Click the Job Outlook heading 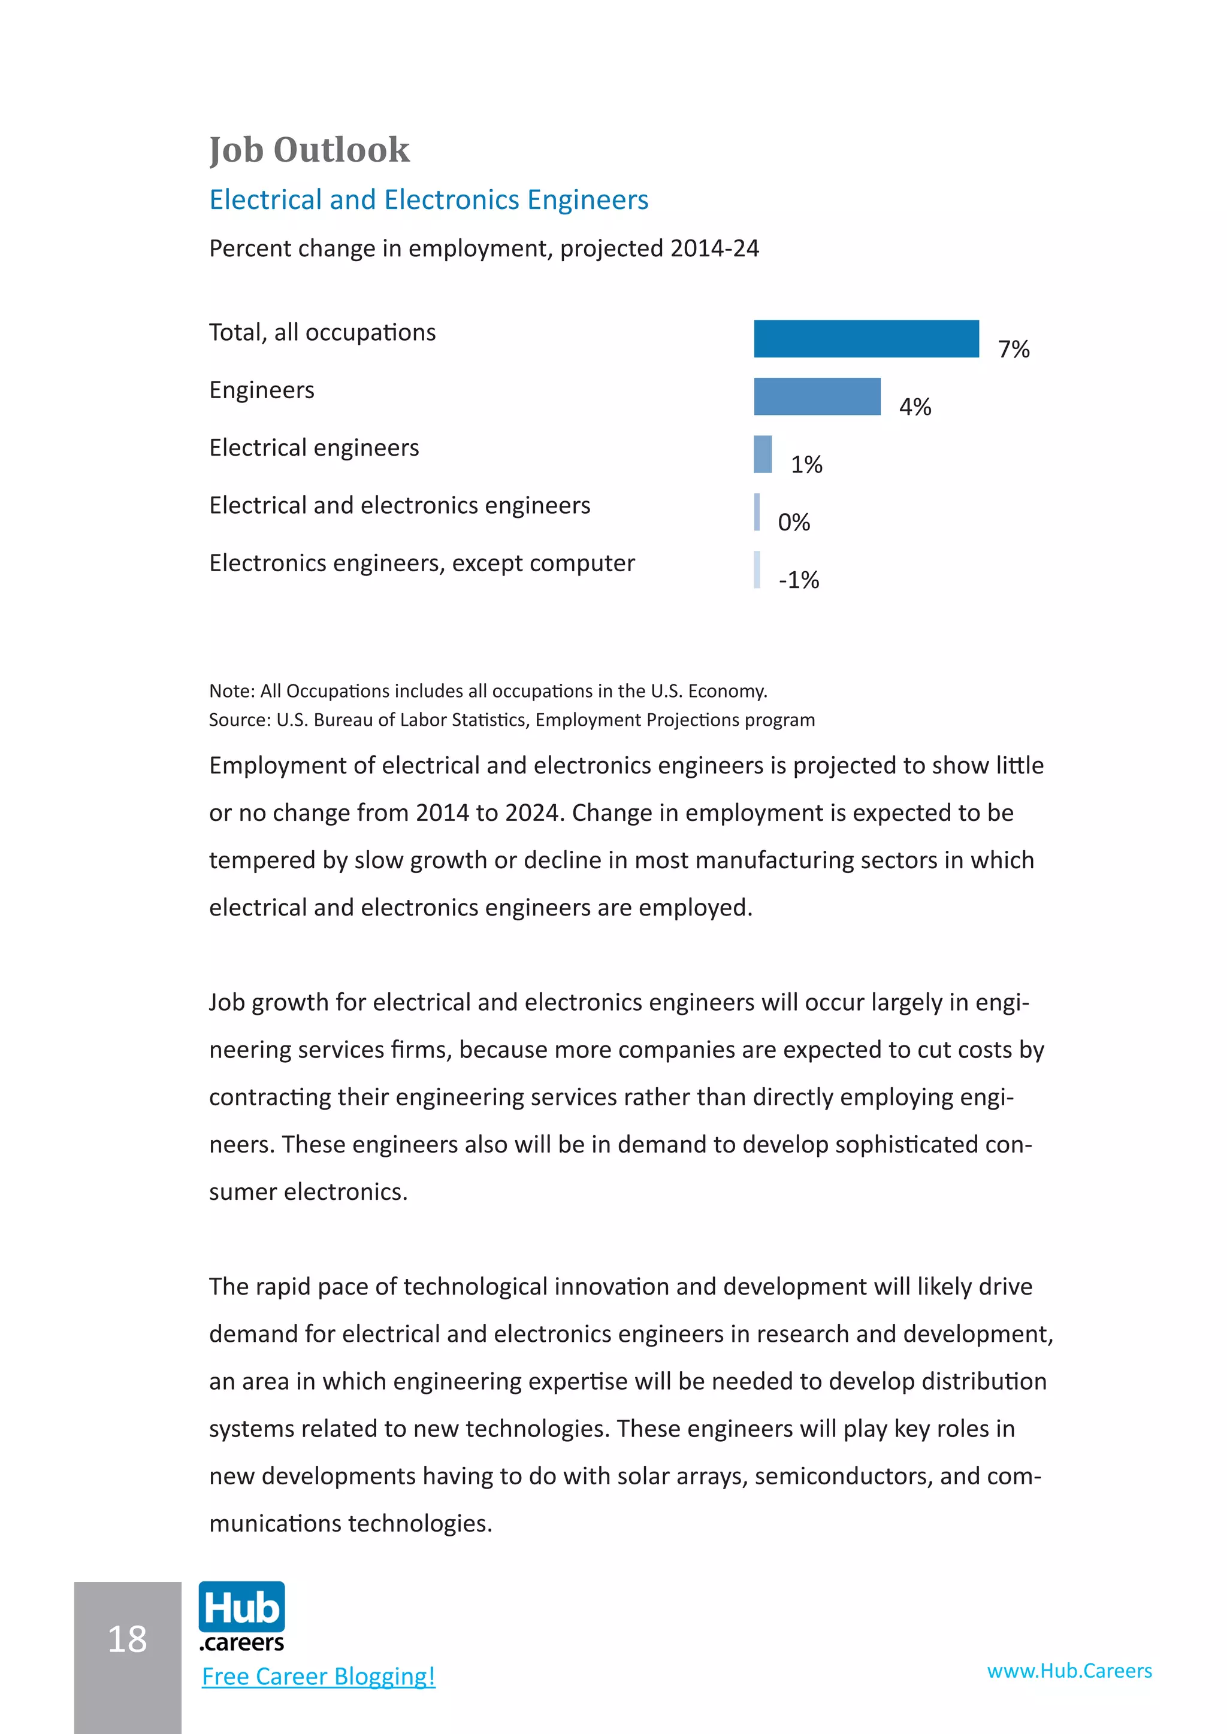pos(309,150)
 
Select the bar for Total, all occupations pos(866,338)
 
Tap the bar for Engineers pos(817,396)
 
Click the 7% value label pos(1013,349)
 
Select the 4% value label pos(914,407)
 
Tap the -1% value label pos(799,580)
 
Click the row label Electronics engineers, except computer pos(422,563)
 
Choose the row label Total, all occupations pos(322,332)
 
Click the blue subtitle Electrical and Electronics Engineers pos(428,199)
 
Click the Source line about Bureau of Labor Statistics pos(512,720)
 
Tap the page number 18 pos(127,1639)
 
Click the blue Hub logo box pos(242,1607)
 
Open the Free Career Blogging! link pos(318,1677)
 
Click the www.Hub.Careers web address pos(1069,1671)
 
